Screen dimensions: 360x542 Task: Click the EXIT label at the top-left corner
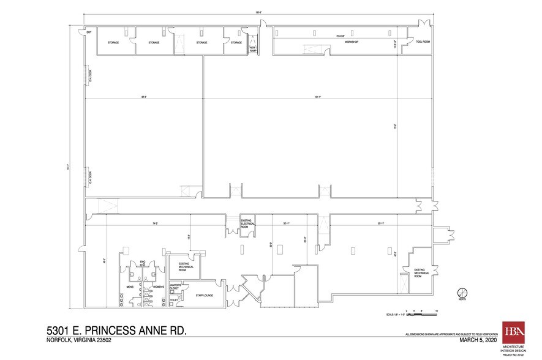[x=89, y=32]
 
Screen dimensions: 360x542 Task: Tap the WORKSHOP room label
[x=350, y=43]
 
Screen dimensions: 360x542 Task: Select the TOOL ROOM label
[x=423, y=43]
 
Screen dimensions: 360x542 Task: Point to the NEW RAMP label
[x=252, y=50]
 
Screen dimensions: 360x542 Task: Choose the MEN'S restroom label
[x=130, y=287]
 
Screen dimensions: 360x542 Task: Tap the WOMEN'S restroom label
[x=157, y=287]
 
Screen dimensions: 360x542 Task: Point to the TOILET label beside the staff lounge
[x=173, y=300]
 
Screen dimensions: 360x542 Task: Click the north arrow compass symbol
[x=462, y=293]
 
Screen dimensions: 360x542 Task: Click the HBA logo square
[x=512, y=331]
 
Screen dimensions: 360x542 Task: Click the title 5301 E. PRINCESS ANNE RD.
[x=117, y=331]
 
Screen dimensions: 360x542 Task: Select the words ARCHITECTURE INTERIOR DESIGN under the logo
[x=512, y=348]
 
